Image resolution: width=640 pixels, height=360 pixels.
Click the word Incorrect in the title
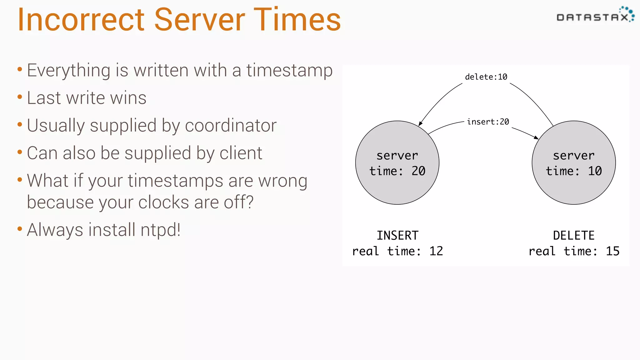point(81,20)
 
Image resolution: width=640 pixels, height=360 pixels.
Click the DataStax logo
point(595,16)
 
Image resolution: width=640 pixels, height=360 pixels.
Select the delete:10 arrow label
point(486,77)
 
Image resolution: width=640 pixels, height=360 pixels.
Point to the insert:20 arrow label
point(488,122)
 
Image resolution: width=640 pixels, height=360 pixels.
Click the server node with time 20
point(397,163)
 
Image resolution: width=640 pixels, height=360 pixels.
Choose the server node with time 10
point(574,163)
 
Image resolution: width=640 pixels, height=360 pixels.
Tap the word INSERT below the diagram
point(397,236)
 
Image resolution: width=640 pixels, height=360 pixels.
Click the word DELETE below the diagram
point(574,236)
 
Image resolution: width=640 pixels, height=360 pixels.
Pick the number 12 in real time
point(436,251)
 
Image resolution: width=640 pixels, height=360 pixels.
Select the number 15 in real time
point(612,251)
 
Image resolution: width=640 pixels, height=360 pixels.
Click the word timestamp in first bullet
point(289,71)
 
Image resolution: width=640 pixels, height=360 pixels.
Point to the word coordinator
point(231,126)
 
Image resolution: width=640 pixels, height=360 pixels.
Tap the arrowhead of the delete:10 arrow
point(420,124)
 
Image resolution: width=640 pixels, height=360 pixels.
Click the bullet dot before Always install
point(20,229)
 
